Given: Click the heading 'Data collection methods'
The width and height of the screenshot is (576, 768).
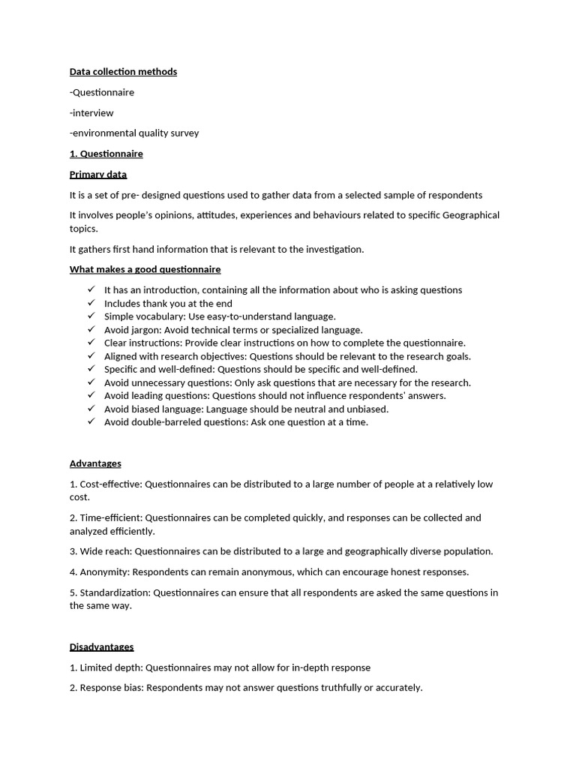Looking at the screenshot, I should click(123, 72).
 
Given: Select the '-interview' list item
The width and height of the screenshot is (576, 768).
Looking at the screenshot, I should click(91, 113).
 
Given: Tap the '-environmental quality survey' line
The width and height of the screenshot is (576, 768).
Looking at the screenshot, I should click(134, 133).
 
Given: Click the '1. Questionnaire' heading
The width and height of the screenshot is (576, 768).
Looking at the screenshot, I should click(106, 154).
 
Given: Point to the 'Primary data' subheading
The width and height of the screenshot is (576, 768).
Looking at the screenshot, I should click(98, 175).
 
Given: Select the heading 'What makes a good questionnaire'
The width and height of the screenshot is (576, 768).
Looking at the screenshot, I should click(145, 269).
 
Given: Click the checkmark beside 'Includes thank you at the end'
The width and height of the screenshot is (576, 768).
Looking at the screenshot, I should click(91, 303).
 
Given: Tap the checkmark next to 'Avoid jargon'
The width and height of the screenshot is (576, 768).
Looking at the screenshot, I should click(91, 329).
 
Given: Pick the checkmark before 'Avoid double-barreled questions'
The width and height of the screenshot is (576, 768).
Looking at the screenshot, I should click(91, 421).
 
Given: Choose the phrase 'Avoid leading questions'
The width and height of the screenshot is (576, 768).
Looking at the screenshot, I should click(156, 395).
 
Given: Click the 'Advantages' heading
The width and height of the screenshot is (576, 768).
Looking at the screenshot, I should click(95, 463).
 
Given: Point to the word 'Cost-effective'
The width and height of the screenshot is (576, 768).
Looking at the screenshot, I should click(109, 484).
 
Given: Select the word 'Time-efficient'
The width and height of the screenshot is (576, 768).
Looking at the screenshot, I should click(110, 517).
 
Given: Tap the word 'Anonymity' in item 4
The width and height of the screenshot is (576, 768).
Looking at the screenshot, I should click(103, 572).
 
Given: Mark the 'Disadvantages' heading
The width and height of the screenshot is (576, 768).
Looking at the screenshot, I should click(101, 646).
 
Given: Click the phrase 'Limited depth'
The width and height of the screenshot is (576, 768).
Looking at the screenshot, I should click(109, 667).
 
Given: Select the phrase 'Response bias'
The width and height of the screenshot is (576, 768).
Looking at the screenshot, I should click(111, 688).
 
